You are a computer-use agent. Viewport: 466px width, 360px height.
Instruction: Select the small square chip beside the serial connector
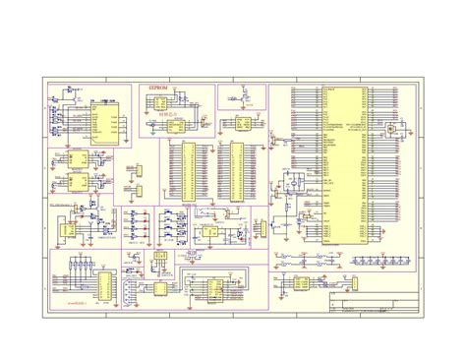pyautogui.click(x=160, y=287)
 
